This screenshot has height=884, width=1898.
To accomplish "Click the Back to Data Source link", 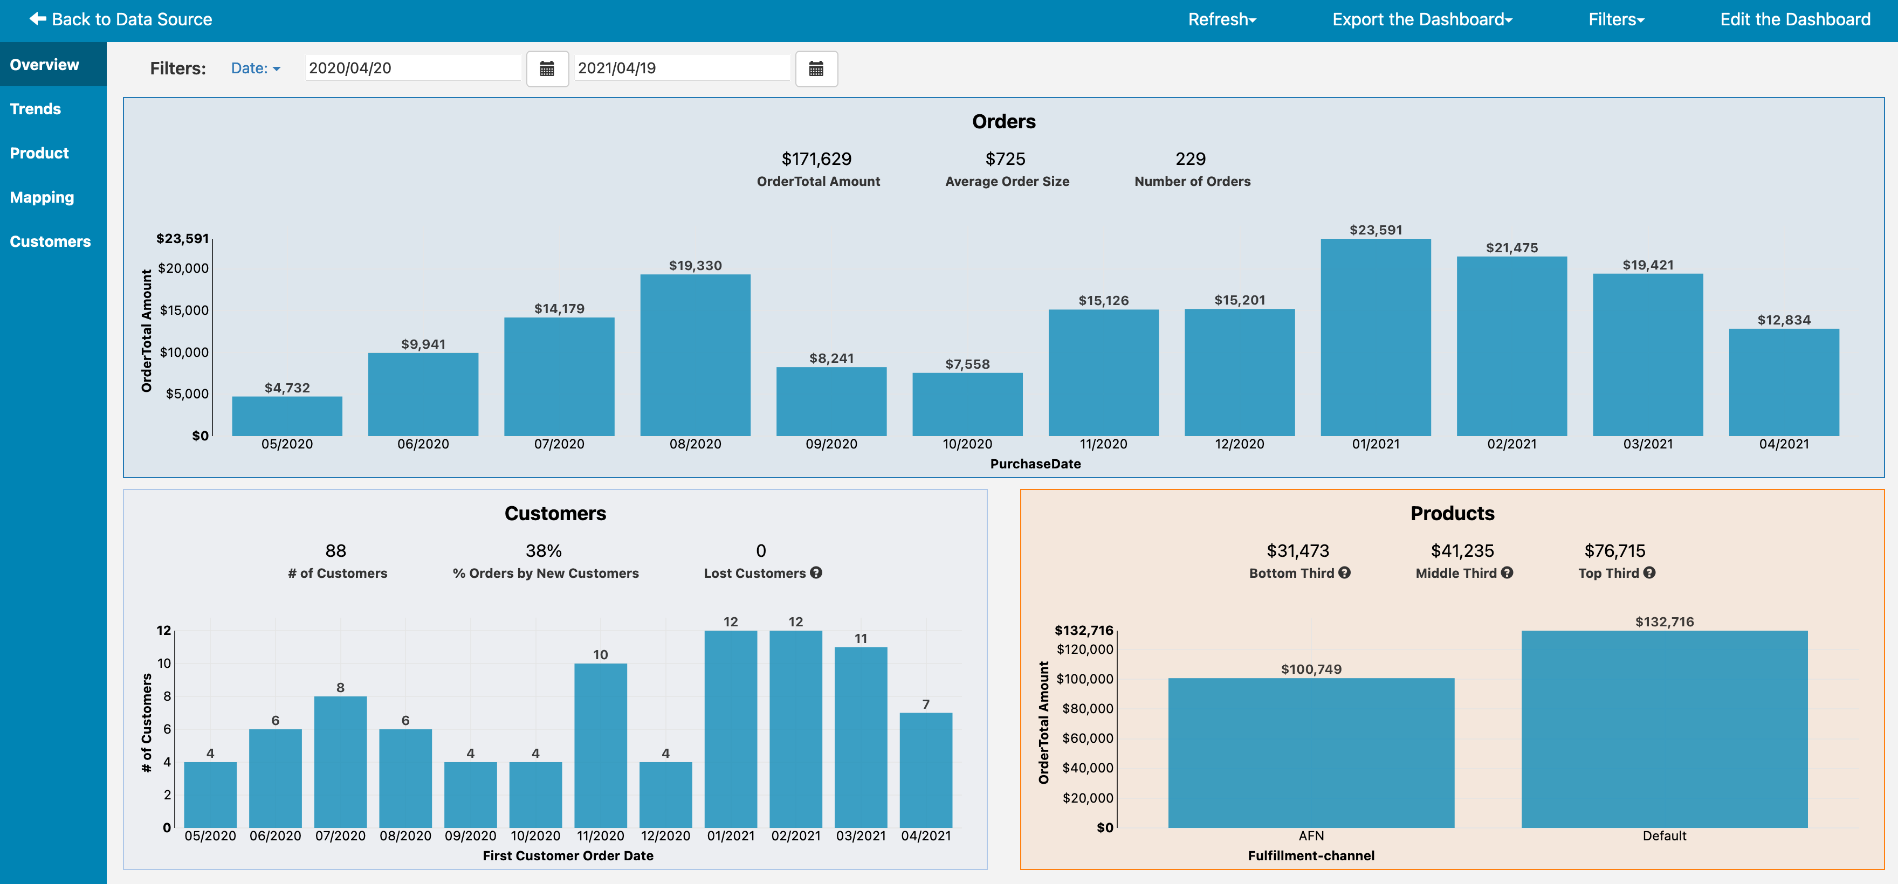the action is [x=121, y=19].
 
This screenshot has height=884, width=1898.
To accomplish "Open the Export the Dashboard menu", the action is [x=1422, y=19].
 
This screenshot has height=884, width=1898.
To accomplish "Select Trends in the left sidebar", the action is [x=36, y=109].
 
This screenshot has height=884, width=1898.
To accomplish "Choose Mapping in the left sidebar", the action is [x=42, y=197].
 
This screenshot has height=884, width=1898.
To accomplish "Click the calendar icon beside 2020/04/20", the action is [x=547, y=68].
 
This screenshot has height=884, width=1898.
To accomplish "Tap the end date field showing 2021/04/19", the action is [x=682, y=68].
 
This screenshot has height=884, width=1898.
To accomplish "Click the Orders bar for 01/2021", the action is [x=1376, y=337].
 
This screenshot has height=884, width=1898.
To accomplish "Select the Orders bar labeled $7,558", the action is [x=967, y=404].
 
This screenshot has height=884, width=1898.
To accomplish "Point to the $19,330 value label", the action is [x=696, y=265].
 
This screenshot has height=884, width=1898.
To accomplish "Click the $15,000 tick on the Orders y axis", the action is [x=184, y=310].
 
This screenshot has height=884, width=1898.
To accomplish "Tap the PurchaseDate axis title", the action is [x=1035, y=464].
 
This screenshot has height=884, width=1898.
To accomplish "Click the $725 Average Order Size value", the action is [x=1006, y=159].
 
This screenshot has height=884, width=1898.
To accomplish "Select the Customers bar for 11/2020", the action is [x=601, y=745].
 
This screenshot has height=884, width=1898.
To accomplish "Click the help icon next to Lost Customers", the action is [x=816, y=572].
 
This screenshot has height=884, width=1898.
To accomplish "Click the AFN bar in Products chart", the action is [x=1311, y=753].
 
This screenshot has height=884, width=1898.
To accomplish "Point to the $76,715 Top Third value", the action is [x=1615, y=551].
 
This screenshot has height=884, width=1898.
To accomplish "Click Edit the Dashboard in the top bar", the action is [x=1796, y=19].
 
